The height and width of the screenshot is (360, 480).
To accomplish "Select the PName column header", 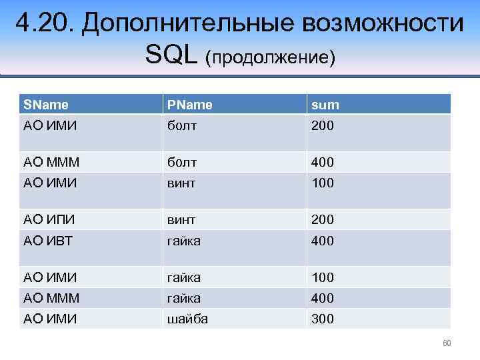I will (189, 105).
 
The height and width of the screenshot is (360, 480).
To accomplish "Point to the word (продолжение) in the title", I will (270, 58).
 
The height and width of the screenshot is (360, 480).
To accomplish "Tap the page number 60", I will (447, 343).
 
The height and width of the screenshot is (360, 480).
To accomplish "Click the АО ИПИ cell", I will (49, 219).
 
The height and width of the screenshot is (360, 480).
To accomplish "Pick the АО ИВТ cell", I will (49, 241).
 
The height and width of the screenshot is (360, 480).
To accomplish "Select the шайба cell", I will (187, 319).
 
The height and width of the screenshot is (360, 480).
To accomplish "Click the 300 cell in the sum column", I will (323, 319).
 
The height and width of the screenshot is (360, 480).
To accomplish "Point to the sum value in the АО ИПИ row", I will (323, 219).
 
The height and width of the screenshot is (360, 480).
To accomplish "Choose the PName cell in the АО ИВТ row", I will (185, 241).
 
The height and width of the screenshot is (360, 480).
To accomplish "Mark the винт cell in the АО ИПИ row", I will (181, 219).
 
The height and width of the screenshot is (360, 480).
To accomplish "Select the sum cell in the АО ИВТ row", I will (323, 241).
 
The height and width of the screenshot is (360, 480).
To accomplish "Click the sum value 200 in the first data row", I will (323, 126).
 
